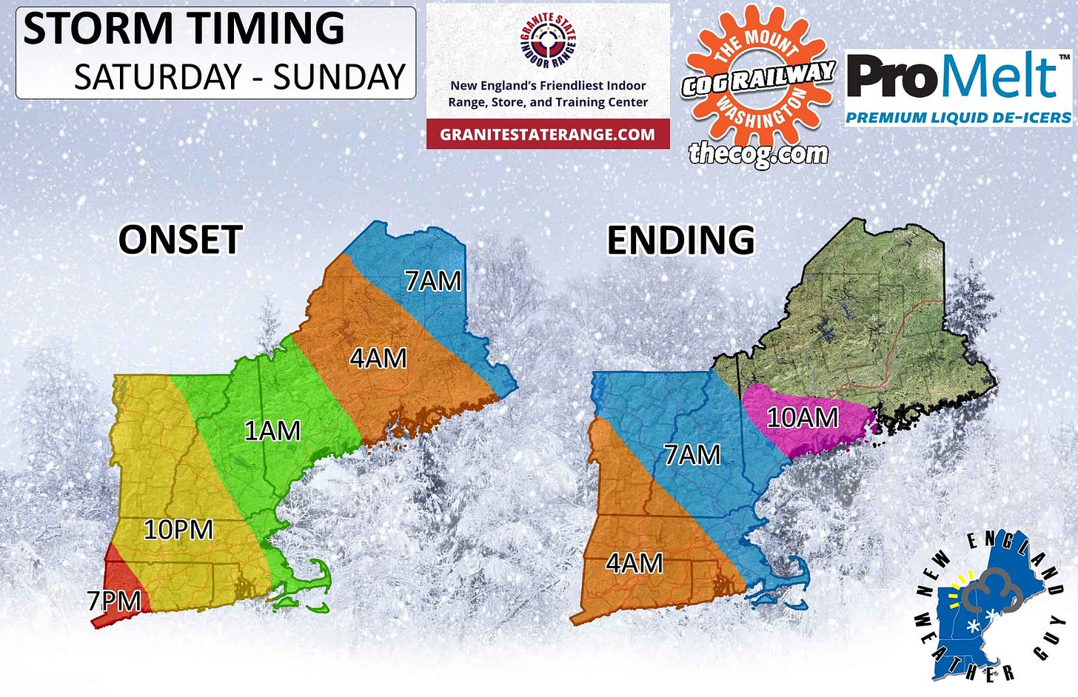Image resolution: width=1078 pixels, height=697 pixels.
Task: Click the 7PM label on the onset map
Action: click(x=115, y=601)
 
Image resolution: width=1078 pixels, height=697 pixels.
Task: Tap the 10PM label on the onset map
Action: click(x=178, y=530)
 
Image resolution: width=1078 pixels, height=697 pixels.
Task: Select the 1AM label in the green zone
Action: click(x=272, y=431)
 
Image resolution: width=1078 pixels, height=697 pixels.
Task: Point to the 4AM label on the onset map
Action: click(x=378, y=358)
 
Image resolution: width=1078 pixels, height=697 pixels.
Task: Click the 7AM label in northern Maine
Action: click(x=433, y=281)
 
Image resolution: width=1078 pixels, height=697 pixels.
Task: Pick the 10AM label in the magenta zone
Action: click(x=803, y=418)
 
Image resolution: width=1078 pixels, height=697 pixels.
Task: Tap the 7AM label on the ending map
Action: click(x=692, y=454)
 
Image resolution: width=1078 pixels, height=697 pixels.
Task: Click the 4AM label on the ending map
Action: click(x=635, y=564)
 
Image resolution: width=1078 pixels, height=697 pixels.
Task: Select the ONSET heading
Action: click(x=181, y=240)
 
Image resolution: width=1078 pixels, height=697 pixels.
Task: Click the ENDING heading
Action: click(x=681, y=240)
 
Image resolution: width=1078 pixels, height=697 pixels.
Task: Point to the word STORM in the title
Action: click(x=96, y=29)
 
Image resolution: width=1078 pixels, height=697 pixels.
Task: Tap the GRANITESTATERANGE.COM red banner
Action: click(x=548, y=134)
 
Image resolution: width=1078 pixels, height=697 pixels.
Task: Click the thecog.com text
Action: click(x=758, y=153)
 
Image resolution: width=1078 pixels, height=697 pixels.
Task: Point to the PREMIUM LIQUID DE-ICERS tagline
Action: click(x=958, y=118)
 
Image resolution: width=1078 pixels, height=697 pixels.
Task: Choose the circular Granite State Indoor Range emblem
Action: click(x=549, y=42)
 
